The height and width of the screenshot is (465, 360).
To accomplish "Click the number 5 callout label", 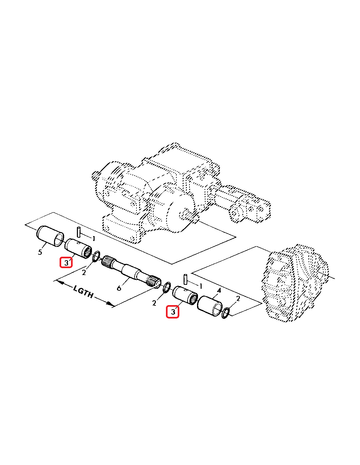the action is (40, 252).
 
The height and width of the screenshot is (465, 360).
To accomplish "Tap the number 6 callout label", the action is (119, 288).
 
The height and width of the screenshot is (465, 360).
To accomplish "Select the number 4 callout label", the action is (219, 291).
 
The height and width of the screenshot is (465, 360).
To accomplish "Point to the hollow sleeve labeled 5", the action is (50, 236).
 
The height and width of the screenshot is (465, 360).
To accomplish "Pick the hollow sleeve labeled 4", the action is (210, 305).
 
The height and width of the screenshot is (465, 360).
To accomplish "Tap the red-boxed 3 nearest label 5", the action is (66, 263).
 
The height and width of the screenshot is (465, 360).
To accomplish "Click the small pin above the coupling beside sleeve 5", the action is (79, 232).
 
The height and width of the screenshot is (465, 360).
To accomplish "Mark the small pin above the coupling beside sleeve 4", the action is (186, 280).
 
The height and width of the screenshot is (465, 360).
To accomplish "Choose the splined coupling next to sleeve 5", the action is (78, 248).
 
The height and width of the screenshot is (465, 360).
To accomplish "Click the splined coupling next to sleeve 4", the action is (185, 295).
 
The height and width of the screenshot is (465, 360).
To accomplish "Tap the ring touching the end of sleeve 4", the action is (226, 313).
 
